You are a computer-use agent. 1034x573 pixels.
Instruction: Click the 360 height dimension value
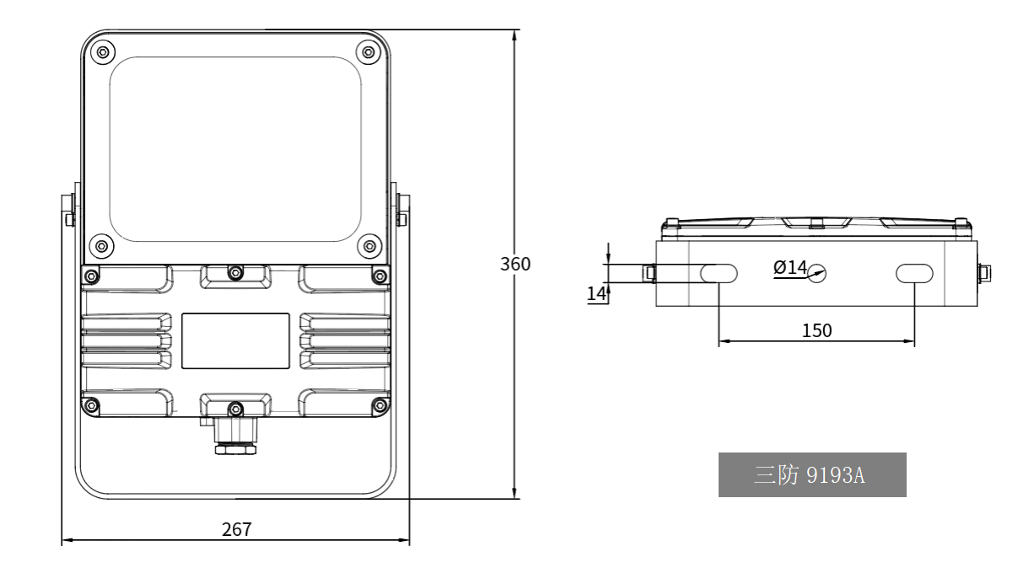point(515,264)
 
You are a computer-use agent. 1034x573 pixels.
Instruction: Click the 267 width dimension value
point(237,529)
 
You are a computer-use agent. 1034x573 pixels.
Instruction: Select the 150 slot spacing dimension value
point(816,330)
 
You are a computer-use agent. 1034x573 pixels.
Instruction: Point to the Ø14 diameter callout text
point(790,267)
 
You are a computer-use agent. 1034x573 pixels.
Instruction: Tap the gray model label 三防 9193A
point(812,474)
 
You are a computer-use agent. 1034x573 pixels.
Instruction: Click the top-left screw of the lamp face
point(102,51)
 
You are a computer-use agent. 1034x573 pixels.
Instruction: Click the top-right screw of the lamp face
point(369,51)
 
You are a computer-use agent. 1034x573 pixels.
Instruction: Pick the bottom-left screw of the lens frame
point(101,245)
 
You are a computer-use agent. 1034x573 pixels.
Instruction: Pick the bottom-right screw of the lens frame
point(369,245)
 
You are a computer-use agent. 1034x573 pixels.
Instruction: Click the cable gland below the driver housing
point(235,436)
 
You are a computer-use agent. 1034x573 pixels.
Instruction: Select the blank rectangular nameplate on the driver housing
point(235,341)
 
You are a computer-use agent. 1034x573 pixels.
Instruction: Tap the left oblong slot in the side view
point(719,273)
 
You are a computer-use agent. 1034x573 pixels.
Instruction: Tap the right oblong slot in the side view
point(914,273)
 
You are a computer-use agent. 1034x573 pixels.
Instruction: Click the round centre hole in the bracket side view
point(817,274)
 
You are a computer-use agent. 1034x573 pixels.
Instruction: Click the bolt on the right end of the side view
point(984,273)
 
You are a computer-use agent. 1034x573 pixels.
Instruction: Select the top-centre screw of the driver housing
point(235,273)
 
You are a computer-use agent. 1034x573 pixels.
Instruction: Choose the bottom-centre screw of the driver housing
point(235,409)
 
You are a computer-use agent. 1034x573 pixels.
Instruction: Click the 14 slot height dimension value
point(596,293)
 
